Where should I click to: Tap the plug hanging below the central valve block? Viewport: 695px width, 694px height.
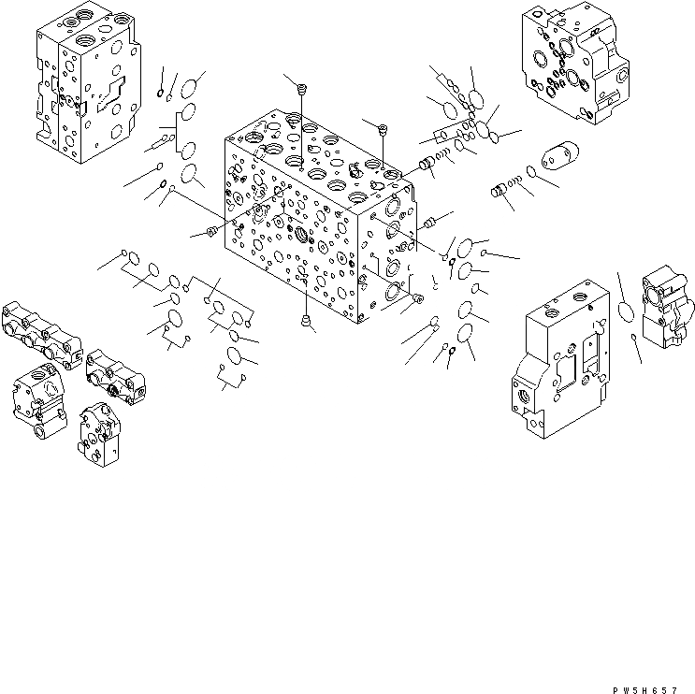pyautogui.click(x=306, y=323)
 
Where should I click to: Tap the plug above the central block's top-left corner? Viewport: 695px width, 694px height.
pyautogui.click(x=301, y=90)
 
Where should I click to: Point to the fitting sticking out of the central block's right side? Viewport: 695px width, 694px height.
pyautogui.click(x=431, y=223)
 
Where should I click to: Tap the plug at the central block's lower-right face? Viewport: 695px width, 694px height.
pyautogui.click(x=416, y=298)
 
